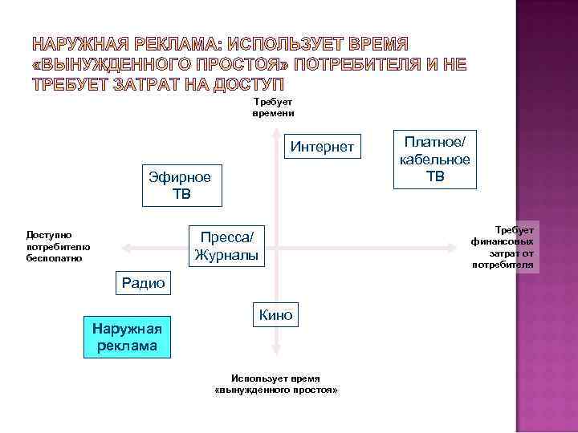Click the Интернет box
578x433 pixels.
point(322,147)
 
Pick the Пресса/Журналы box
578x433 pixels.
point(226,246)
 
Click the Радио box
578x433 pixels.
point(142,282)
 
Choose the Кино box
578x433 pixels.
point(275,315)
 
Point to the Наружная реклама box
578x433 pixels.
point(127,336)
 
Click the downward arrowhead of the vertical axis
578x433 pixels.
point(275,347)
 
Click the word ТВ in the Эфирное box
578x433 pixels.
point(180,194)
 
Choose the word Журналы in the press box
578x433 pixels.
point(226,256)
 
